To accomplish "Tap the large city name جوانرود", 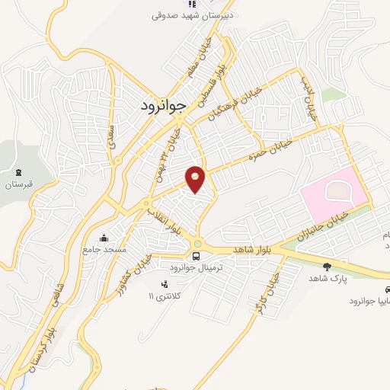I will [x=164, y=107].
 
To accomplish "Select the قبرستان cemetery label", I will [x=21, y=185].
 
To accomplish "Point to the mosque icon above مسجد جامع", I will [x=104, y=238].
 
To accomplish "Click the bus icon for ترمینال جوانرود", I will [x=197, y=256].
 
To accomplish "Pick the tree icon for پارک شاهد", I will [x=327, y=266].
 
